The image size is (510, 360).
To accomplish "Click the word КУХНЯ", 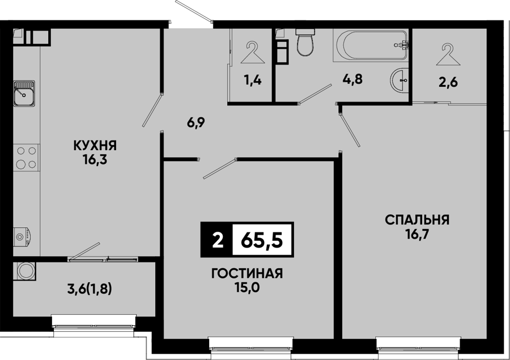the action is (95, 146).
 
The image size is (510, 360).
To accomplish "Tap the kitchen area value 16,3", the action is (95, 160).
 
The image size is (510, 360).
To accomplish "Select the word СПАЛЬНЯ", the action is (417, 220).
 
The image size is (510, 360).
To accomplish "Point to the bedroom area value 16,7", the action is (417, 234).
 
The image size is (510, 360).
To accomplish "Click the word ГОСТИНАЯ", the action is (247, 273).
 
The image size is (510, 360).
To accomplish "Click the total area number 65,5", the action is (262, 240).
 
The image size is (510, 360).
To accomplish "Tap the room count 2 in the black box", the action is (217, 240).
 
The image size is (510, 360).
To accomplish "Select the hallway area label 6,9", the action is (196, 123).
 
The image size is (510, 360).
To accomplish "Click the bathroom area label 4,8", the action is (352, 79).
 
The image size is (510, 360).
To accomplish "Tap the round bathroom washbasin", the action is (399, 80).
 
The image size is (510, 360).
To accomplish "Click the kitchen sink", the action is (24, 94).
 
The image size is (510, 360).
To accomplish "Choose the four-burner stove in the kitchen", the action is (26, 158).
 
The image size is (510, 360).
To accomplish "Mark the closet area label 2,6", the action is (448, 82).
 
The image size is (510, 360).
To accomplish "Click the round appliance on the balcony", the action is (25, 271).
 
